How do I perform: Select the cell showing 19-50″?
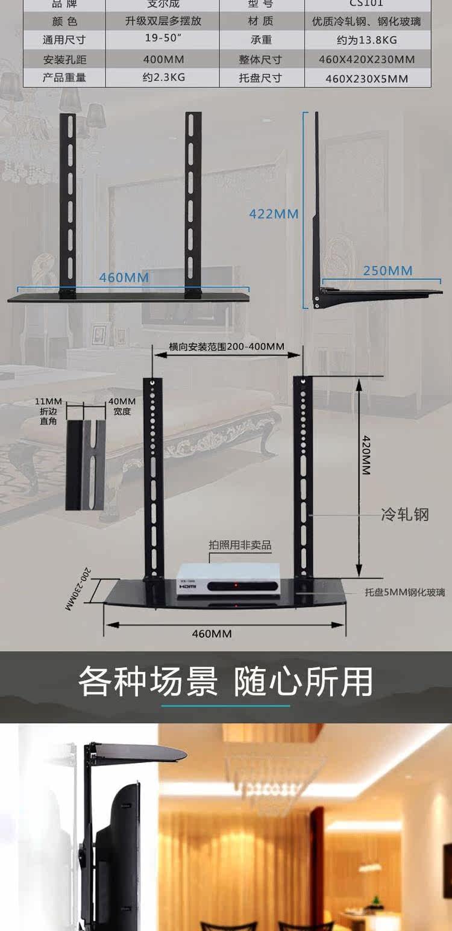click(x=163, y=40)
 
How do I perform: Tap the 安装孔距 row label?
click(x=65, y=60)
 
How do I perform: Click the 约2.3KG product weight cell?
click(x=163, y=78)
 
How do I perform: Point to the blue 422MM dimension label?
click(x=274, y=214)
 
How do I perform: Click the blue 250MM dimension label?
click(x=388, y=270)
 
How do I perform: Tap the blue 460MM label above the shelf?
click(x=124, y=278)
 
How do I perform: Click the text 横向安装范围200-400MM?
click(x=227, y=347)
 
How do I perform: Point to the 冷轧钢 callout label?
click(x=405, y=515)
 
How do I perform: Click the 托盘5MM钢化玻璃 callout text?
click(x=405, y=592)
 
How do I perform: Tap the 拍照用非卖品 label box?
click(x=240, y=546)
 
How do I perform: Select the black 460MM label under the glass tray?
click(x=212, y=633)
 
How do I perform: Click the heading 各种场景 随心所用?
click(x=226, y=681)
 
